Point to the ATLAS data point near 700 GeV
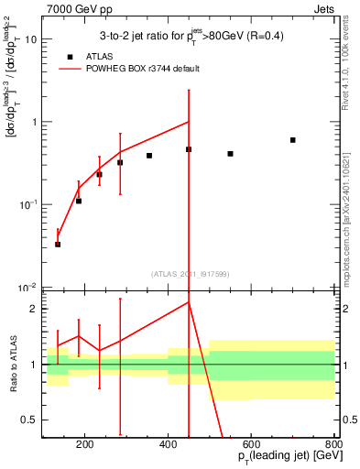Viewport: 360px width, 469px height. point(292,140)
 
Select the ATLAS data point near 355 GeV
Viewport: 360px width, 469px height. point(149,156)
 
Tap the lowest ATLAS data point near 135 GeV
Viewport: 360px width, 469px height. point(58,245)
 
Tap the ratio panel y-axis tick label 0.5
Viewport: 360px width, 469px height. point(31,420)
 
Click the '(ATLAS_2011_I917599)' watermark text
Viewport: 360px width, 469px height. point(190,274)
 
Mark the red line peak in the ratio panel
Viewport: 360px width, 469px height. point(189,301)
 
